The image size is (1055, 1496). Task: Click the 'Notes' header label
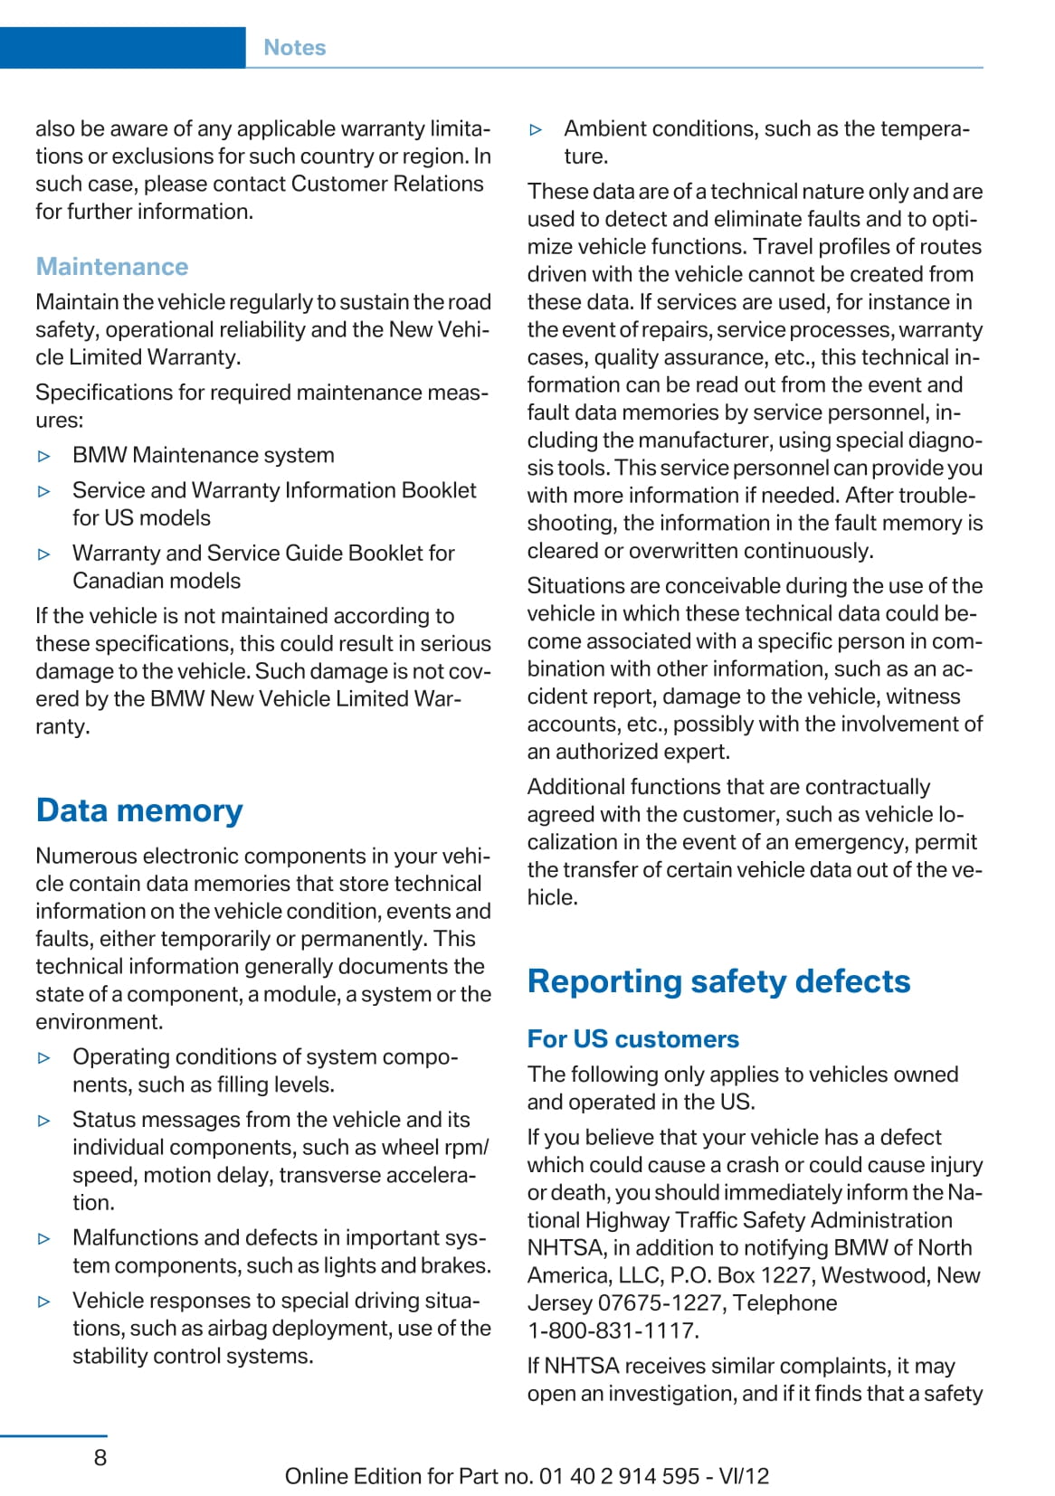(294, 48)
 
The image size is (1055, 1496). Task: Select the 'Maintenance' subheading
(112, 267)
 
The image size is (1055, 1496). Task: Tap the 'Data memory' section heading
(139, 810)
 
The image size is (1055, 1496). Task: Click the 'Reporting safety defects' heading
(718, 981)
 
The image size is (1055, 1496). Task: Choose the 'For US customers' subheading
(632, 1039)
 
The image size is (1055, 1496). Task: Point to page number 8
(100, 1457)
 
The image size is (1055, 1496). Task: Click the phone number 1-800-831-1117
(613, 1330)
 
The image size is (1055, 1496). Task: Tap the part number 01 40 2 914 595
(619, 1476)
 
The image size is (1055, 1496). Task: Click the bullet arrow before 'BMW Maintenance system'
(44, 456)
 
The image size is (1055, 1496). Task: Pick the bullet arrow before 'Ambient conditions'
(536, 129)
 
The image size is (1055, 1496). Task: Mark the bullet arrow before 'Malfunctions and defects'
(44, 1239)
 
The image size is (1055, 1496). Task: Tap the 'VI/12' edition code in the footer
(744, 1476)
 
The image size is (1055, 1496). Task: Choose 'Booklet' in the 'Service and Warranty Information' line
(438, 490)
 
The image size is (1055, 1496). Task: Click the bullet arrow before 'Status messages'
(44, 1121)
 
